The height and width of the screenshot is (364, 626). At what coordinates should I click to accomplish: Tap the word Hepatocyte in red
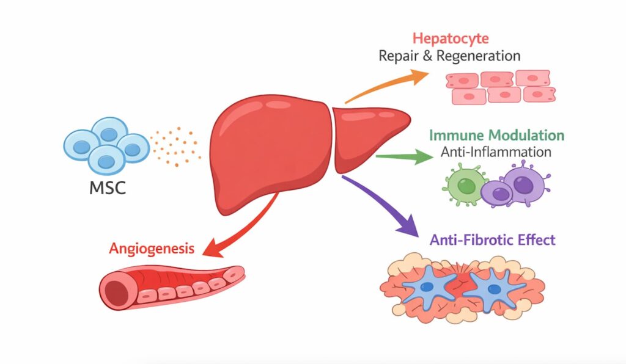[x=449, y=39]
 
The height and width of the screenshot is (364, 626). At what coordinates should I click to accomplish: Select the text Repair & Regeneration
[x=449, y=56]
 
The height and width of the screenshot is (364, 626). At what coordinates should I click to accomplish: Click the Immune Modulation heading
[x=496, y=135]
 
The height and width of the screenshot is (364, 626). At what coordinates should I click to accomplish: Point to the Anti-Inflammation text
[x=496, y=152]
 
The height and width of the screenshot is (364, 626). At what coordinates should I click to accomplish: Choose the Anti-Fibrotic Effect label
[x=493, y=239]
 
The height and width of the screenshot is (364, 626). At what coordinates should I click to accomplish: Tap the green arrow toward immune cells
[x=403, y=157]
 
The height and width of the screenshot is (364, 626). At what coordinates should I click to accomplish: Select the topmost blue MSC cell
[x=110, y=132]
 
